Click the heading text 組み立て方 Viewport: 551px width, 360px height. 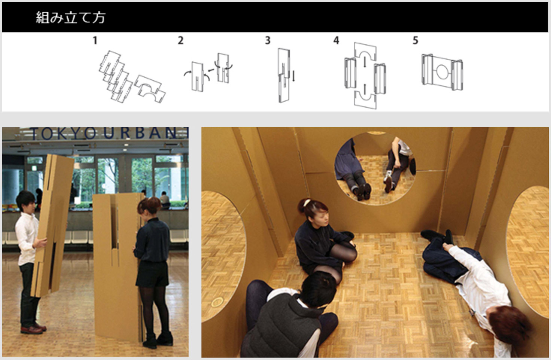71,18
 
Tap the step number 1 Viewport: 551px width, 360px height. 95,40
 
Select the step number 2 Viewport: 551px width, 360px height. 180,40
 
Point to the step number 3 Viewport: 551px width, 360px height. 268,40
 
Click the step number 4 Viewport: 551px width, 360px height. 336,40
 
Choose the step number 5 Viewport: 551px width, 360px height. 415,40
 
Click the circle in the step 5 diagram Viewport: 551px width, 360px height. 442,72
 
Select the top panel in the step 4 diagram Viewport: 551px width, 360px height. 365,52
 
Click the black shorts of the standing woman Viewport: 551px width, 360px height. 152,274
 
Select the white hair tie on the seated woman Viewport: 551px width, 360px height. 307,202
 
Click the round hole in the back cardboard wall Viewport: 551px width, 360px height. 375,169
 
